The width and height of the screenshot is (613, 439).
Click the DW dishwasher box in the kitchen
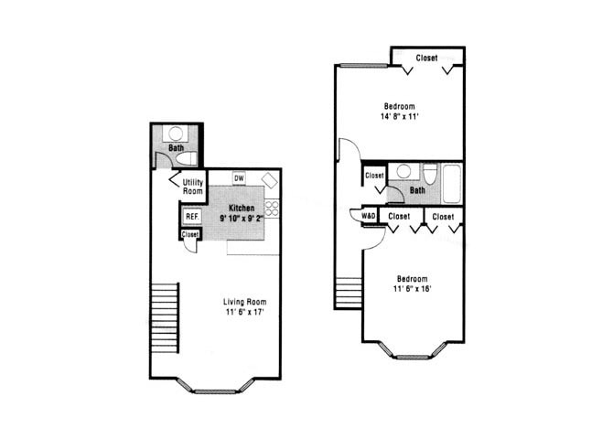pos(239,178)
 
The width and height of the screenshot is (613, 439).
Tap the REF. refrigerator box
pos(192,217)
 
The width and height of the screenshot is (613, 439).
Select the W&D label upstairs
pos(370,217)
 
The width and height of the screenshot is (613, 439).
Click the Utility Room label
pos(192,187)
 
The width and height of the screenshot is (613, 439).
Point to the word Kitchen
pos(242,209)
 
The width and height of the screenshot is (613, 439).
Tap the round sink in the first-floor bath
pos(175,134)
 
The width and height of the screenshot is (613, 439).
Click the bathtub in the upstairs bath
pos(450,184)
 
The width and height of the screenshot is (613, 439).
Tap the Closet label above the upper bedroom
pos(426,58)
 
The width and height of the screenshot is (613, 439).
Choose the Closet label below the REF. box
pos(190,235)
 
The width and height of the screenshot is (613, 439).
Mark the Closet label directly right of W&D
pos(399,217)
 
